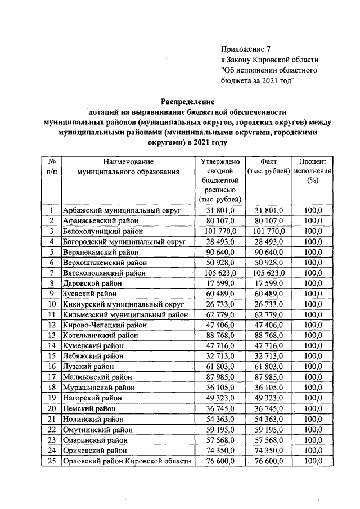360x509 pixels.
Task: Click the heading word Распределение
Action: click(188, 102)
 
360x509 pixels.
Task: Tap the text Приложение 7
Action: click(246, 49)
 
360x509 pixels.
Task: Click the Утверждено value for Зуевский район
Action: click(220, 294)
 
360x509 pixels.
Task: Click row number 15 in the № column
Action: click(51, 357)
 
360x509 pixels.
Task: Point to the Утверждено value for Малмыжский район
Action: click(220, 377)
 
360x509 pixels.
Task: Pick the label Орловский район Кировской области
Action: click(127, 461)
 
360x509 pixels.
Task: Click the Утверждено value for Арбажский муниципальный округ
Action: click(220, 210)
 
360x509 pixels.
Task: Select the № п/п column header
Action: click(51, 166)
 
